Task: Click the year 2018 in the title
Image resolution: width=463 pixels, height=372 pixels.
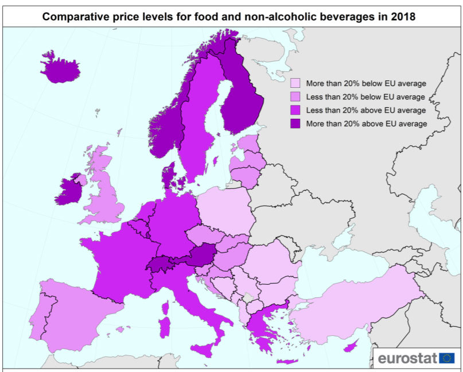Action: [x=404, y=18]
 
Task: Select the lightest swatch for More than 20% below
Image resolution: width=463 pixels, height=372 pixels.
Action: [x=295, y=83]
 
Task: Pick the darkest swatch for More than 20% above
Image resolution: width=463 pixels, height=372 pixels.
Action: [x=295, y=123]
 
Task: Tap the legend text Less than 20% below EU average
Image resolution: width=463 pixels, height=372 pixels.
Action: [x=365, y=96]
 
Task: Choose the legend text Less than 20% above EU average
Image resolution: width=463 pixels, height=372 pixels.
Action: [x=365, y=110]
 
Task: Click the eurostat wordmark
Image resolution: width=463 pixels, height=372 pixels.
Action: [x=407, y=359]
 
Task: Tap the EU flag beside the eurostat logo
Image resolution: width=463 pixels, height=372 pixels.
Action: [x=447, y=359]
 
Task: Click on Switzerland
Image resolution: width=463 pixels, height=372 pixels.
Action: [x=162, y=265]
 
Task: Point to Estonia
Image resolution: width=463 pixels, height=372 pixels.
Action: [x=248, y=144]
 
